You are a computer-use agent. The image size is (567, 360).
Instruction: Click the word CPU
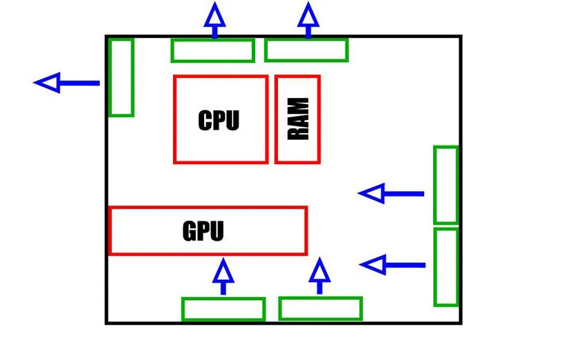point(219,120)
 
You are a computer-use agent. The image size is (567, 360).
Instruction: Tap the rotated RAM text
point(298,119)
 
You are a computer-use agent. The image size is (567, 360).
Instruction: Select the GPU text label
point(203,230)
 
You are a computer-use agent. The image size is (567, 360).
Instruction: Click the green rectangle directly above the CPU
point(212,50)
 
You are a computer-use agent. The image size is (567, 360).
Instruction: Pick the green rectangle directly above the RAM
point(306,50)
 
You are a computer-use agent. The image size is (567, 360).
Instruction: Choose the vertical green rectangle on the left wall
point(121,77)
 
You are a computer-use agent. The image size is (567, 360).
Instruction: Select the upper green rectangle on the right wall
point(446,185)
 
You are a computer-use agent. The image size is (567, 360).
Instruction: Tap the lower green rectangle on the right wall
point(446,267)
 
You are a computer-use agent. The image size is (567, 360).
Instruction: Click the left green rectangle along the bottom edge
point(223,309)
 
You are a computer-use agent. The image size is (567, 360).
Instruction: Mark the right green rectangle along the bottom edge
point(320,308)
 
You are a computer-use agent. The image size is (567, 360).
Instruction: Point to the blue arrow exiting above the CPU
point(215,19)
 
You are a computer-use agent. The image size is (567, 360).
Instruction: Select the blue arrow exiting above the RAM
point(308,19)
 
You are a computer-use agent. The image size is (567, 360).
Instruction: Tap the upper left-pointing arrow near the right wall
point(392,194)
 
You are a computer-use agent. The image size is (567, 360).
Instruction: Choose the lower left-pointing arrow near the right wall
point(392,265)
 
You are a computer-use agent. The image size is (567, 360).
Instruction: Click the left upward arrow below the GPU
point(223,277)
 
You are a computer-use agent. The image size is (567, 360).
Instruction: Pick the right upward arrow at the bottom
point(319,276)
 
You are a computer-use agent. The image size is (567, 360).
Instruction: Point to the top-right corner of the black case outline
point(460,37)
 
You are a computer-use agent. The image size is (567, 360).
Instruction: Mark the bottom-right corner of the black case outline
point(460,322)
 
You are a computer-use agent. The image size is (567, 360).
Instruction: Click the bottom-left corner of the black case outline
point(107,322)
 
